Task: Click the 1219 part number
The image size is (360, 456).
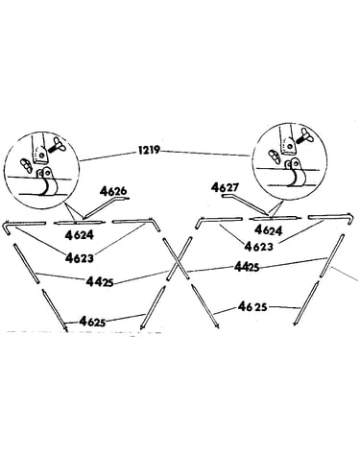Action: click(148, 150)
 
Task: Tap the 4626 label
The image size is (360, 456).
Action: click(113, 191)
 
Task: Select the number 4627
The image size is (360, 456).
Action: click(225, 187)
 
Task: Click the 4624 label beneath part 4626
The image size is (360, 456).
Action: click(79, 235)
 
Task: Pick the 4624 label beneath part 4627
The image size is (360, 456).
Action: click(269, 230)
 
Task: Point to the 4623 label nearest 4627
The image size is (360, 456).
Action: click(259, 246)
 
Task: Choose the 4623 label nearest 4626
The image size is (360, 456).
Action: click(80, 257)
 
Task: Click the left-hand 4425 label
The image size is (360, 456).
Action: click(100, 281)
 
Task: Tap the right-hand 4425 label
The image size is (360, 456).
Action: click(247, 266)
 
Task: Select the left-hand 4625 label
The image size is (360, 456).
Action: click(92, 321)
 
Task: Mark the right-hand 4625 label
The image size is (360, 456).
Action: click(252, 307)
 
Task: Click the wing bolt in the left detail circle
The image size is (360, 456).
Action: click(58, 147)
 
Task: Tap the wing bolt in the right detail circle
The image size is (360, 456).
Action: click(303, 135)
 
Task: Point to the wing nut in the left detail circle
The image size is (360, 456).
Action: click(26, 164)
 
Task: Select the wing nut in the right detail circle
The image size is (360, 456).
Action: click(275, 155)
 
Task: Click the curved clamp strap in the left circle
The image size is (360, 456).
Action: click(49, 186)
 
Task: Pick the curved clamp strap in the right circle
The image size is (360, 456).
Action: click(296, 175)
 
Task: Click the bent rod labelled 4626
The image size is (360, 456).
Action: click(104, 207)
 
